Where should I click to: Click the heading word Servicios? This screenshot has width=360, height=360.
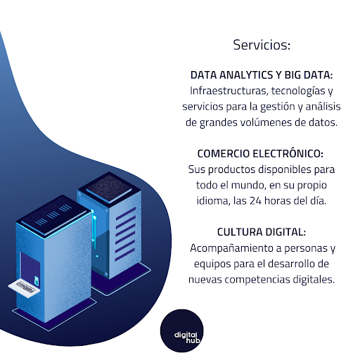(x=262, y=45)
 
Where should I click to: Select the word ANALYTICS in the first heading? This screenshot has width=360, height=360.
(x=246, y=75)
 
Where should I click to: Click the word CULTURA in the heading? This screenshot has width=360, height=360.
(x=240, y=232)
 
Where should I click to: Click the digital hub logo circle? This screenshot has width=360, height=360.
(x=181, y=330)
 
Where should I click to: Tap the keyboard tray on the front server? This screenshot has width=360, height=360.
(x=24, y=288)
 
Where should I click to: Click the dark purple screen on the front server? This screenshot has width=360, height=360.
(x=30, y=269)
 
